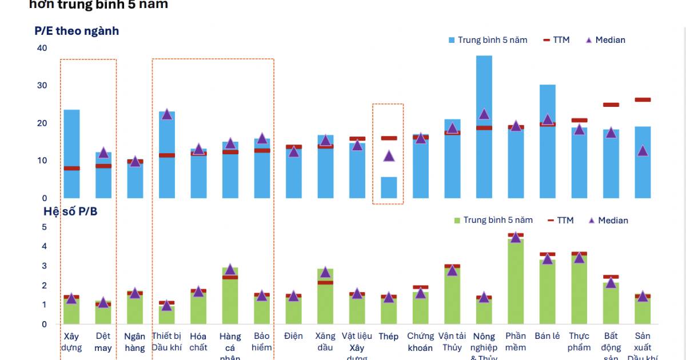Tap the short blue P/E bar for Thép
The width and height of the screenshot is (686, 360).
coord(389,188)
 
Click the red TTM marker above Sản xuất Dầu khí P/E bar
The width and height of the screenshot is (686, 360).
coord(643,100)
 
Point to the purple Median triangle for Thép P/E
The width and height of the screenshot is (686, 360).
coord(389,156)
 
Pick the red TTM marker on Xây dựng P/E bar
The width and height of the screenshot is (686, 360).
coord(71,168)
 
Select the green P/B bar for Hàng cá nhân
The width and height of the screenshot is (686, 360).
coord(230,300)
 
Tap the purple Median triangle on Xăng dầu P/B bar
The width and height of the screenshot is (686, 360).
coord(325,272)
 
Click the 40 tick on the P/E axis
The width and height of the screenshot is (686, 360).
coord(42,48)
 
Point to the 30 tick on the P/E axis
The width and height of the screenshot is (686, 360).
coord(42,86)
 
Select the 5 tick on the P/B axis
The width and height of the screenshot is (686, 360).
coord(44,227)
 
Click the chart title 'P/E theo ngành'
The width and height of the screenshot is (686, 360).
coord(77,31)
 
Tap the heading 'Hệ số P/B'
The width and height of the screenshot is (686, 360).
coord(70,211)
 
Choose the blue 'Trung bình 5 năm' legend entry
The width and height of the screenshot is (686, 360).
coord(487,40)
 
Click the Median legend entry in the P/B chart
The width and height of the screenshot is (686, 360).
coord(608,221)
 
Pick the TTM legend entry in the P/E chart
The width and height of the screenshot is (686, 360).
coord(556,40)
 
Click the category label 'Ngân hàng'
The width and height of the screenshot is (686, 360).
coord(135,342)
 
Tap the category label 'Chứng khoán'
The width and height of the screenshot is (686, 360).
coord(420,342)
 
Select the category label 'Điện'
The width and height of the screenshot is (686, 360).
coord(293,336)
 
